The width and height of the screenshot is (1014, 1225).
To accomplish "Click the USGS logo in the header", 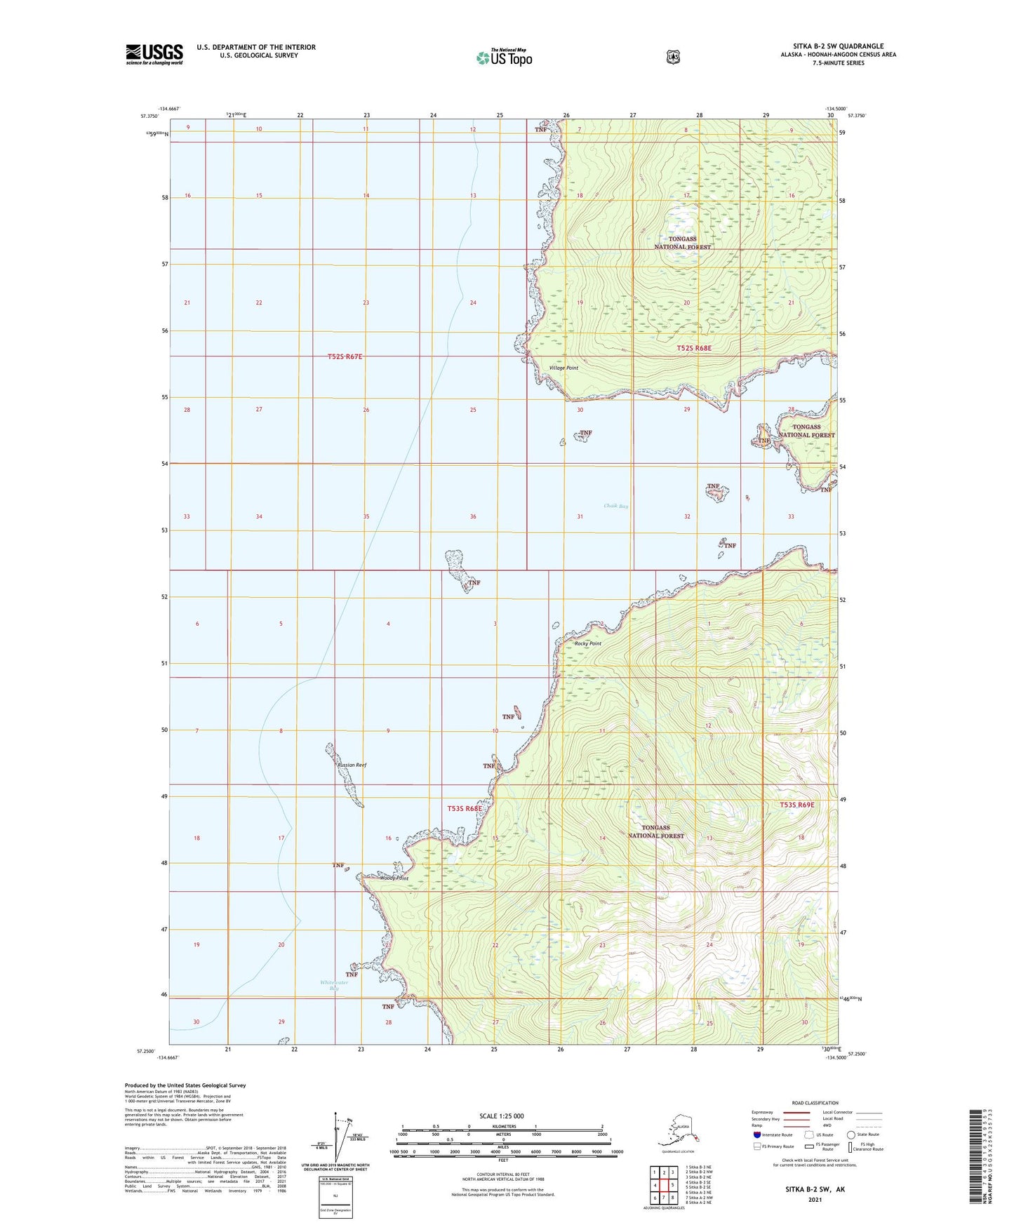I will pyautogui.click(x=154, y=54).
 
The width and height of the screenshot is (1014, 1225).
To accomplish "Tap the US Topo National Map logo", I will pyautogui.click(x=504, y=58).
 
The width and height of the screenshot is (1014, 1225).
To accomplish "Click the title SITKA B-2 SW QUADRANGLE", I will pyautogui.click(x=838, y=46).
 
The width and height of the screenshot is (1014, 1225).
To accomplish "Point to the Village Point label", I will pyautogui.click(x=563, y=368).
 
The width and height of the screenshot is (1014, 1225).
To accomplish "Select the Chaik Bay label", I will pyautogui.click(x=616, y=506).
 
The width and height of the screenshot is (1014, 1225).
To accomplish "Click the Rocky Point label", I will pyautogui.click(x=588, y=643).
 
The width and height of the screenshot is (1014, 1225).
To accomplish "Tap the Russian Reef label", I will pyautogui.click(x=352, y=765).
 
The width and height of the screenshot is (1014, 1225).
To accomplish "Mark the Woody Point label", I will pyautogui.click(x=394, y=878).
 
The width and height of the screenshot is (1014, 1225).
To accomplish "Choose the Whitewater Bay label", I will pyautogui.click(x=334, y=985).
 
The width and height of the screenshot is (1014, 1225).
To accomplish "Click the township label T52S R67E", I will pyautogui.click(x=345, y=357).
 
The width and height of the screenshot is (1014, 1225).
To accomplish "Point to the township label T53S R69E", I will pyautogui.click(x=797, y=805).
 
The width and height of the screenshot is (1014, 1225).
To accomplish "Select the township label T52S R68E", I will pyautogui.click(x=694, y=348).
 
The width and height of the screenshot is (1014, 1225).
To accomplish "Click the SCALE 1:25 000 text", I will pyautogui.click(x=501, y=1116).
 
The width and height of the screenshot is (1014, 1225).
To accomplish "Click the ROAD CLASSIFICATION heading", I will pyautogui.click(x=814, y=1103).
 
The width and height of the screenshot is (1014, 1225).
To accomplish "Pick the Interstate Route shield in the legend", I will pyautogui.click(x=756, y=1134).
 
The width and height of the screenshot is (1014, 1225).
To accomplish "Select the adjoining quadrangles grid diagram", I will pyautogui.click(x=663, y=1186).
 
